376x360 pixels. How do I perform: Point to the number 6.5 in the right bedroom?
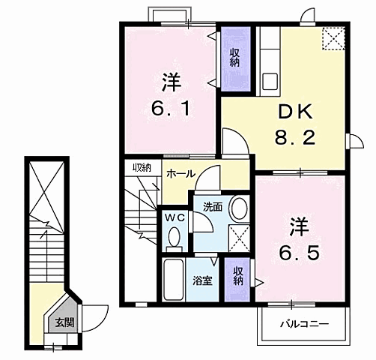coord(297,252)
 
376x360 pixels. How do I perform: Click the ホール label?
coord(181,174)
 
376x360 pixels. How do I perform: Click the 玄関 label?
coord(64,323)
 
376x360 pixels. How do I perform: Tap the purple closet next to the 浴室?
coord(237,276)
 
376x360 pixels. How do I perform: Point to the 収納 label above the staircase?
coord(142,166)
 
